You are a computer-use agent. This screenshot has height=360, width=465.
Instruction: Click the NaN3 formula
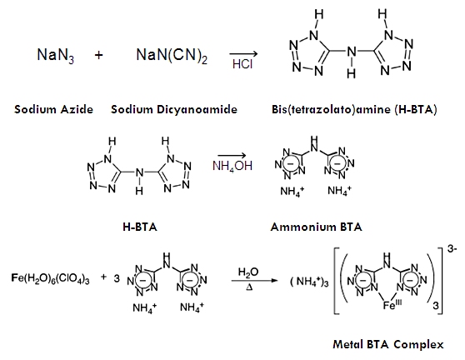click(56, 56)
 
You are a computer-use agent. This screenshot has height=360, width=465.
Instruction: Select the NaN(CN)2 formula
click(172, 56)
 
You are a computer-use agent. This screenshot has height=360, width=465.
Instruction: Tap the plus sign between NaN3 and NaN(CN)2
click(99, 55)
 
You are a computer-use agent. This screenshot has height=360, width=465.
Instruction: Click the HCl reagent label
click(242, 64)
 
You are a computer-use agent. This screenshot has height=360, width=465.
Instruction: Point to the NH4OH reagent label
click(232, 166)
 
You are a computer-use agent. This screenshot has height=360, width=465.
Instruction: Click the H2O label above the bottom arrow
click(248, 272)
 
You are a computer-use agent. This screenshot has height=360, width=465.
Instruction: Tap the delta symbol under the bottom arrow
click(249, 287)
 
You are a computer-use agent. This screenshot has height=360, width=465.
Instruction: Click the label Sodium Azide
click(53, 109)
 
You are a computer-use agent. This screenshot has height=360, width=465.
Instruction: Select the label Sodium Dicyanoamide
click(174, 109)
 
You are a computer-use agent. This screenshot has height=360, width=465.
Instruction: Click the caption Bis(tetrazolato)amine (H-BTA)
click(354, 109)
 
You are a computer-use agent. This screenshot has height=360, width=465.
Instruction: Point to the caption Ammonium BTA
click(316, 227)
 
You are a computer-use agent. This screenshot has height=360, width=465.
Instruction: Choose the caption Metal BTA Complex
click(388, 344)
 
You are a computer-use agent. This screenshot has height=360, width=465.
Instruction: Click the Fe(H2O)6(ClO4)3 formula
click(50, 278)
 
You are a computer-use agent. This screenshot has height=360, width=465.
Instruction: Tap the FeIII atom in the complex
click(392, 304)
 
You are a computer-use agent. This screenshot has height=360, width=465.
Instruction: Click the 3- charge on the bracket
click(452, 249)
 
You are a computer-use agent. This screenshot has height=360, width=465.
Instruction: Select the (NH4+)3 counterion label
click(309, 282)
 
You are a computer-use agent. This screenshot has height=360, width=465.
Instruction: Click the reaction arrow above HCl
click(243, 53)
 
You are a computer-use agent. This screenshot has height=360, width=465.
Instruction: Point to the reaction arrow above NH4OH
click(232, 155)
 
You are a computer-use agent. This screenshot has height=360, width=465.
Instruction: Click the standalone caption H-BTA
click(140, 227)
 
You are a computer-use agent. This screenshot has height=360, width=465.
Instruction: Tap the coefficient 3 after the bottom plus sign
click(117, 278)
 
